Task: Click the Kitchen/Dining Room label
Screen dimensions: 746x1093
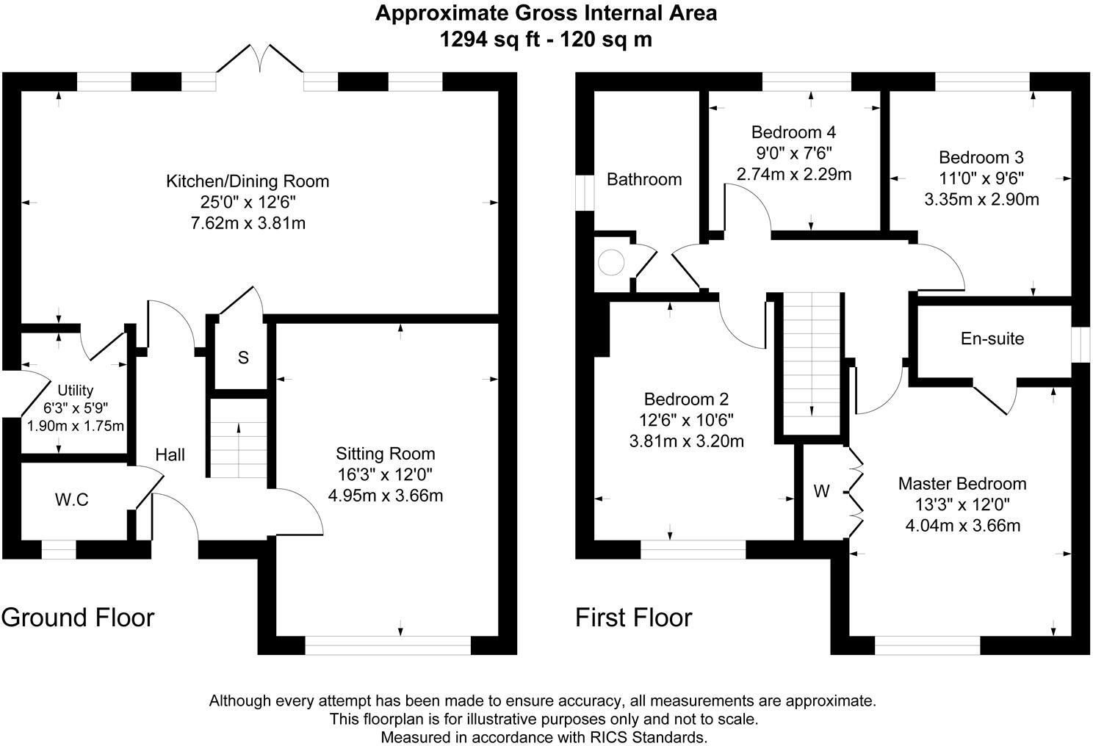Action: click(x=248, y=181)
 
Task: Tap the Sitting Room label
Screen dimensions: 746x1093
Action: click(x=385, y=454)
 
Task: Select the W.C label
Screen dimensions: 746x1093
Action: click(x=71, y=500)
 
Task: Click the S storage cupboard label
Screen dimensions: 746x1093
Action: click(x=243, y=358)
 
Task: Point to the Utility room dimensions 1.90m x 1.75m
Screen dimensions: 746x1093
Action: click(x=76, y=426)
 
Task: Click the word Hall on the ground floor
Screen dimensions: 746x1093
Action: click(x=170, y=455)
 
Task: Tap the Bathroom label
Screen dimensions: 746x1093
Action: click(x=643, y=179)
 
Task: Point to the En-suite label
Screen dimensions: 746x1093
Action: click(x=992, y=338)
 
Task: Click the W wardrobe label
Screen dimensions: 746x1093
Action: click(x=821, y=491)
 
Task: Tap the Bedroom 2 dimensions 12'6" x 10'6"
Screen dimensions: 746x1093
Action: click(x=686, y=420)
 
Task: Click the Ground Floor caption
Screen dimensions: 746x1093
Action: click(x=78, y=618)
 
